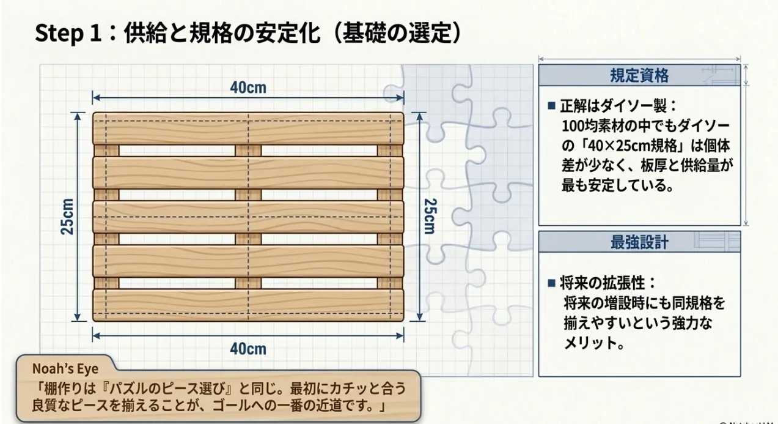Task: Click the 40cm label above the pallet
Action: tap(248, 87)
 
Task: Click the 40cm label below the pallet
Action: tap(248, 349)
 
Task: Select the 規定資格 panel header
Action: tap(639, 75)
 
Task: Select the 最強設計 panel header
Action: tap(639, 242)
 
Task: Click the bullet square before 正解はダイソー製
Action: tap(551, 106)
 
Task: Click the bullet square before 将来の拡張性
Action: tap(551, 283)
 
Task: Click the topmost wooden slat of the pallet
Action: tap(248, 129)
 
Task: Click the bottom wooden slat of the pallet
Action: tap(248, 305)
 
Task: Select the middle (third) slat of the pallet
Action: tap(248, 217)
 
